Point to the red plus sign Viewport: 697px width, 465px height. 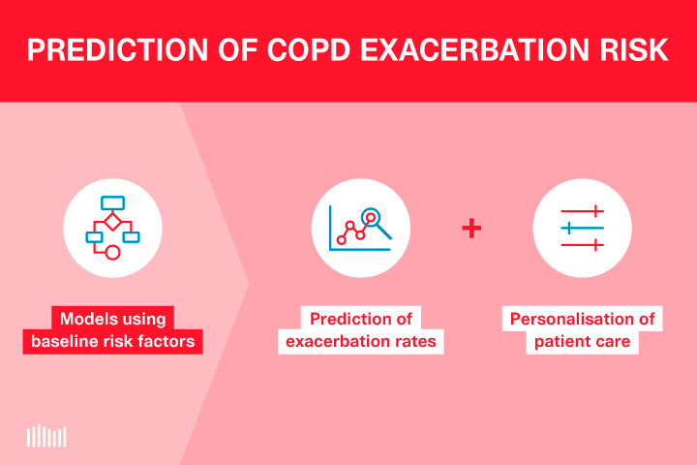click(471, 229)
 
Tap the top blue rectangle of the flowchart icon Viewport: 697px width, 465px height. click(112, 201)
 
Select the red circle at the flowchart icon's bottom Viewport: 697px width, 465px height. click(112, 253)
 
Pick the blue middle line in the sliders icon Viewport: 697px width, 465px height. click(582, 229)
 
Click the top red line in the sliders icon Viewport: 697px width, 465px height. click(582, 210)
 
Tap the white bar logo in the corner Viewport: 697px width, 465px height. click(46, 436)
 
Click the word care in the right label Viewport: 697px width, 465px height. click(614, 341)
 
